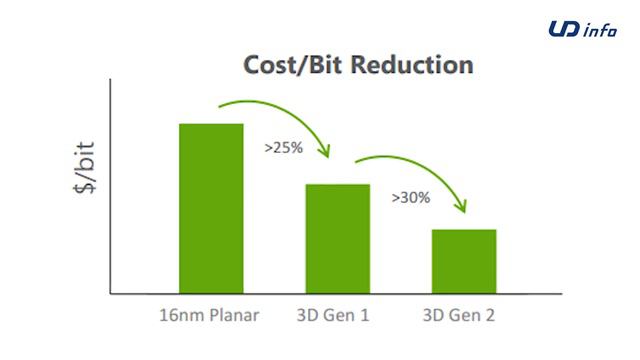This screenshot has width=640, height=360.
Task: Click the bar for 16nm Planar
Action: [x=211, y=208]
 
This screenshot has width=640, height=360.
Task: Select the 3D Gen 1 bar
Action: [x=337, y=238]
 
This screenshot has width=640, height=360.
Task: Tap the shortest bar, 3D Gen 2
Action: [x=464, y=261]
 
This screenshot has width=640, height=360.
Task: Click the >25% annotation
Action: [x=284, y=146]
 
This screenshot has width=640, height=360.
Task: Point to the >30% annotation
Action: [x=410, y=197]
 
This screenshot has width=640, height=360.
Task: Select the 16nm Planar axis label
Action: [x=209, y=316]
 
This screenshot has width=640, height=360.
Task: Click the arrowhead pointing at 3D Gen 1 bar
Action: [x=324, y=151]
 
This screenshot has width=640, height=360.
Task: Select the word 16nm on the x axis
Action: [x=179, y=316]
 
